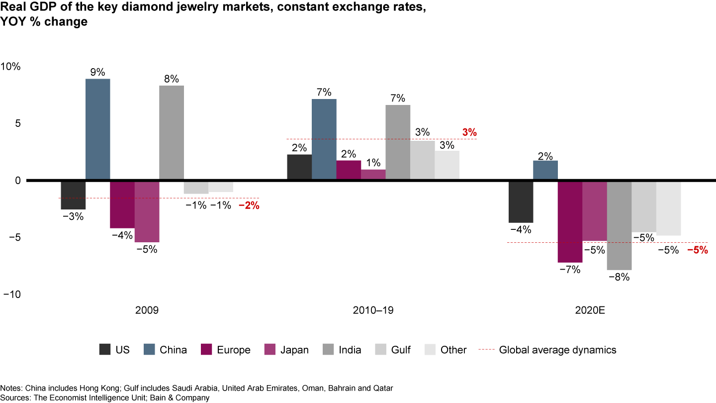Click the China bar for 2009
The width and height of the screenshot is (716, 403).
pos(98,129)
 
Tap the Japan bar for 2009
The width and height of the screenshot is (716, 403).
pos(147,211)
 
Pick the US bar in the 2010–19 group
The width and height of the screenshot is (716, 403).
pos(299,167)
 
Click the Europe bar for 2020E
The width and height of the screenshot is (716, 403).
pos(570,221)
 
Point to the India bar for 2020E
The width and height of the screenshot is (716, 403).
pos(619,225)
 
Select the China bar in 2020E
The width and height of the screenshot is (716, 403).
pos(545,170)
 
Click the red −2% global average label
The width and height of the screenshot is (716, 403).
pos(249,204)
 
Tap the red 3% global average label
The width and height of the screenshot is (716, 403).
pos(469,132)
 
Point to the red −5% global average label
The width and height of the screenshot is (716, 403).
pos(697,250)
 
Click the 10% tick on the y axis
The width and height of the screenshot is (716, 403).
pos(10,67)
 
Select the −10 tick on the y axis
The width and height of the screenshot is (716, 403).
pos(11,294)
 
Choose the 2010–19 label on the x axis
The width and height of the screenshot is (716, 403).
pos(373,310)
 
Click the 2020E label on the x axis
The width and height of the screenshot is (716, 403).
pos(590,310)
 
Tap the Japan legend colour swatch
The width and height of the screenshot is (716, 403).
pos(270,350)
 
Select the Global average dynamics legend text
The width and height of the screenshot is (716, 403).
pos(557,350)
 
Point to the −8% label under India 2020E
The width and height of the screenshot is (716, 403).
pos(620,278)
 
